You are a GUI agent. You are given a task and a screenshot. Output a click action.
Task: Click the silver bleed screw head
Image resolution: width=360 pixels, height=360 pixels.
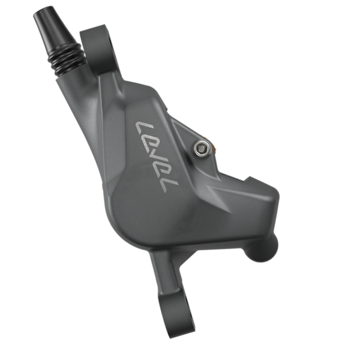pos(203,147)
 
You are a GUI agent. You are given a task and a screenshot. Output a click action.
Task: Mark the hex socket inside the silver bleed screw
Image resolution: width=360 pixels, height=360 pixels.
pos(203,146)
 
